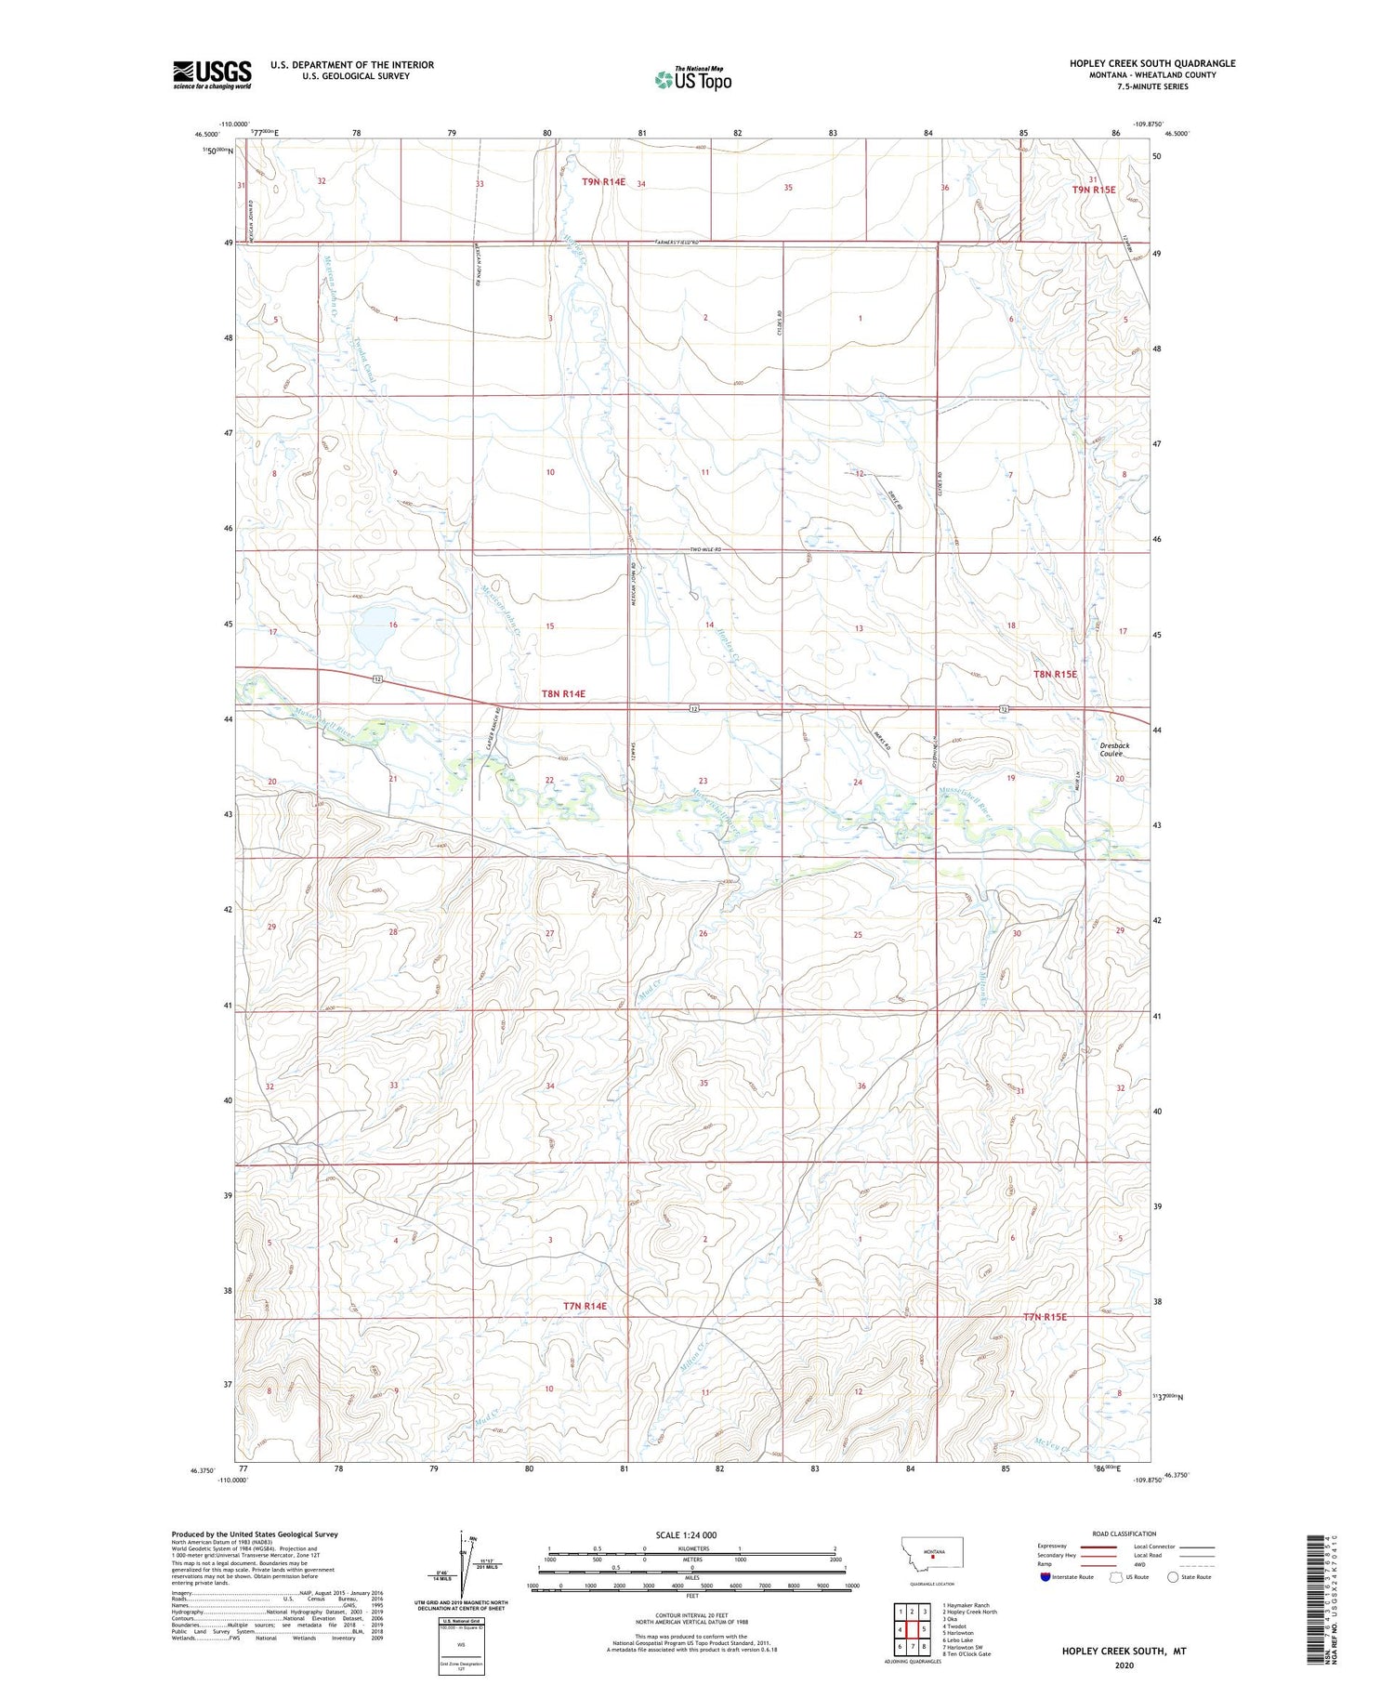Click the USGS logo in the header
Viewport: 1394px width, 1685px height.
(x=212, y=74)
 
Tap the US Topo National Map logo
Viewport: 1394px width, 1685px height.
(x=692, y=80)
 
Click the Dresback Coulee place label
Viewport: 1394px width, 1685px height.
(x=1111, y=749)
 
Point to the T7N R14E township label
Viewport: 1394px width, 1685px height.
(x=585, y=1306)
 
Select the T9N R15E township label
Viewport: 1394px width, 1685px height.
(x=1093, y=190)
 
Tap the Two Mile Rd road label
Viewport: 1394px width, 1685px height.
(x=705, y=550)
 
